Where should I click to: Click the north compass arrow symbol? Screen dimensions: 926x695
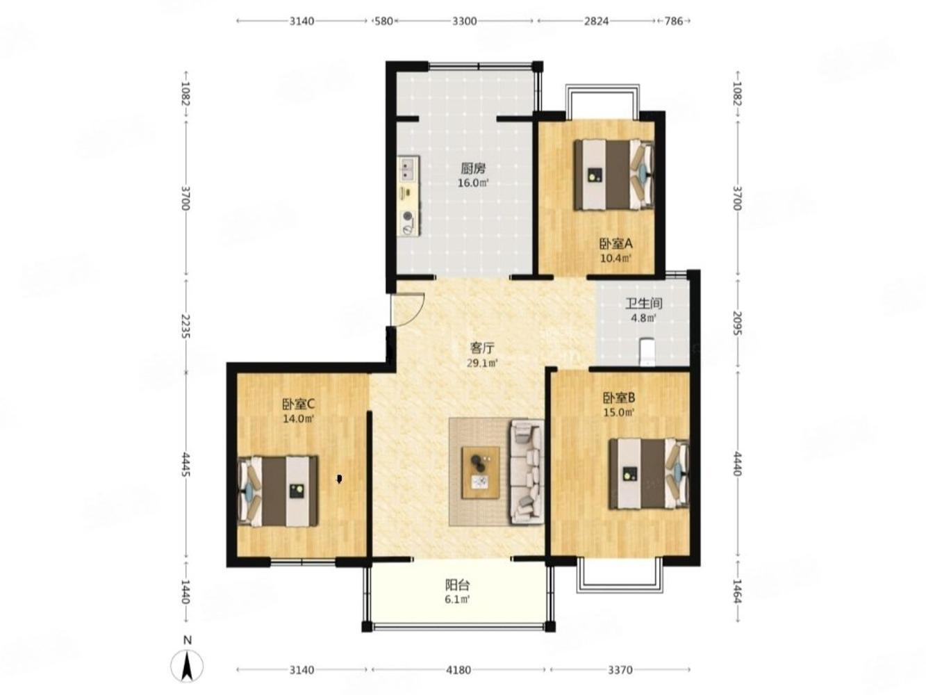(x=187, y=666)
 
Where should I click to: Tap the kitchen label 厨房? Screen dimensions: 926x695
(x=472, y=169)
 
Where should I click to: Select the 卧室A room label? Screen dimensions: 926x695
(x=615, y=243)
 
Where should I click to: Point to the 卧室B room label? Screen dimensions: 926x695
(x=619, y=398)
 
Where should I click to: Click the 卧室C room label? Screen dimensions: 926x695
(x=299, y=404)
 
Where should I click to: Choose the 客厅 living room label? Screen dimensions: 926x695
(x=482, y=348)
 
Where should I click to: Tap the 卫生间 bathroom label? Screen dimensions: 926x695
(x=643, y=304)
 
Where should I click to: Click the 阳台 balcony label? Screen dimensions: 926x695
(x=457, y=585)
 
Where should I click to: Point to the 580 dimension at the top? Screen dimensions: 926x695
(x=383, y=21)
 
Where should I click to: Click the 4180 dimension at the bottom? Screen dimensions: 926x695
(x=458, y=670)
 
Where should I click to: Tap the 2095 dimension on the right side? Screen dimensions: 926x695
(x=737, y=322)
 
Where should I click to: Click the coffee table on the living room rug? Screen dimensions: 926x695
(x=481, y=472)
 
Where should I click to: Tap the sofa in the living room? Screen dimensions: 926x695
(x=527, y=472)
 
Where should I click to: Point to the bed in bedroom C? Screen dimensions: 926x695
(x=277, y=491)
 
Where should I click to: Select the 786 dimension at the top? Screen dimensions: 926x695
(x=674, y=21)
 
